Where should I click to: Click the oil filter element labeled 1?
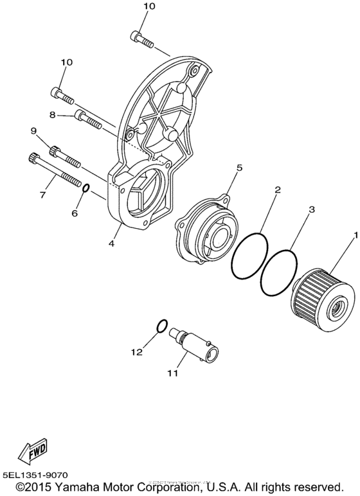coord(323,298)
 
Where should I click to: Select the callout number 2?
coord(278,191)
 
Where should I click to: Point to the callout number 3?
coord(310,210)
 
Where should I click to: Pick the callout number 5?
coord(239,168)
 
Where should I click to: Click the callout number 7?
coord(44,193)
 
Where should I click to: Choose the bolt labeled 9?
coord(61,154)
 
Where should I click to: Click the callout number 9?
coord(34,131)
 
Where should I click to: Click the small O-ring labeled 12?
coord(163,326)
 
